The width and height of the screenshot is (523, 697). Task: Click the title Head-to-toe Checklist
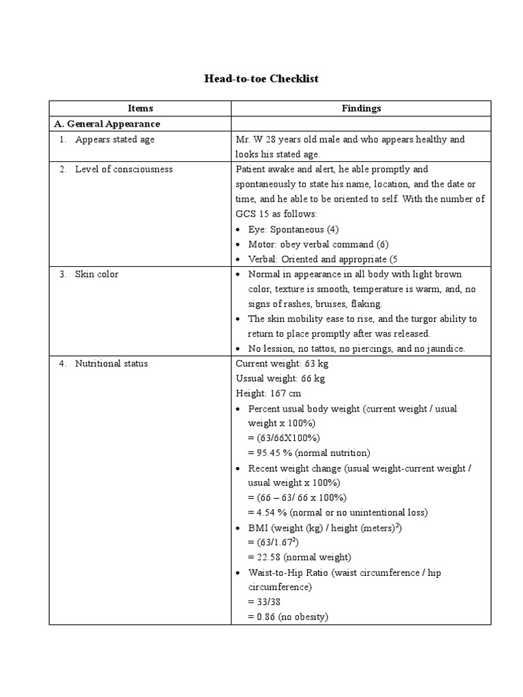[x=261, y=79]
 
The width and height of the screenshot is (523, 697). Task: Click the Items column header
[x=140, y=108]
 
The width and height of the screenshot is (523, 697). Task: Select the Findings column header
[x=361, y=108]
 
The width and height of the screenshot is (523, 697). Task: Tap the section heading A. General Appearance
[x=107, y=124]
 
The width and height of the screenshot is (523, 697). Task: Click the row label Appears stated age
[x=114, y=140]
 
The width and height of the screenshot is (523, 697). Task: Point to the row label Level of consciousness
[x=123, y=169]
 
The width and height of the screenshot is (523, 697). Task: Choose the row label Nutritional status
[x=111, y=363]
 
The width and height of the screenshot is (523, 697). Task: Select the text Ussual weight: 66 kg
[x=280, y=378]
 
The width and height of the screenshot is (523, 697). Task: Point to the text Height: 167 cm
[x=268, y=393]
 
